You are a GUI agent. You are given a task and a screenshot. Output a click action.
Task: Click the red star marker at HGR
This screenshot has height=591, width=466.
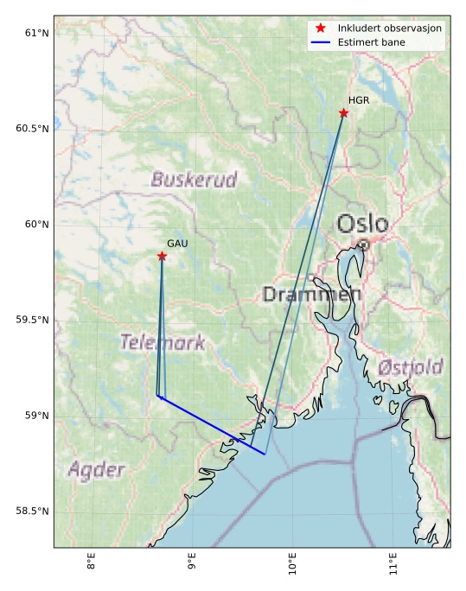point(343,113)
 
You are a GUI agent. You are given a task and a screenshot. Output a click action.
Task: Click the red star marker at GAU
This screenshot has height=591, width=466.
point(162,257)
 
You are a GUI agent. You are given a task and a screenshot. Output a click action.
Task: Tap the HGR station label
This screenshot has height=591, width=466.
point(359,101)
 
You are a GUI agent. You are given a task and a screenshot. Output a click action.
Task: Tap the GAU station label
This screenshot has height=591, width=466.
point(177,245)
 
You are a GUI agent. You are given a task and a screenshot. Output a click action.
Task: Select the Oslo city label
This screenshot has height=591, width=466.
point(362,225)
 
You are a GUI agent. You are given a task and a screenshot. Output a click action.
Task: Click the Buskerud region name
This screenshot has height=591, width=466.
point(194,180)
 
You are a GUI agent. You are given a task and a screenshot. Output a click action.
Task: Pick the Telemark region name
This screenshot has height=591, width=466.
point(163,342)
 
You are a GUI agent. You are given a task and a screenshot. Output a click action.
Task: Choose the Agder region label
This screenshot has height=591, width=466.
point(96,471)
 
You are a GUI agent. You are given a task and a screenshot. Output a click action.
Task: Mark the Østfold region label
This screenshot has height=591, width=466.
point(411,366)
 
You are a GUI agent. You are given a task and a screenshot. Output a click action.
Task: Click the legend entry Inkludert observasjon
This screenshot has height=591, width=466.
point(390,29)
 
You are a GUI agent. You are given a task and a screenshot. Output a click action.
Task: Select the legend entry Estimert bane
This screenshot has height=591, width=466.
point(372,42)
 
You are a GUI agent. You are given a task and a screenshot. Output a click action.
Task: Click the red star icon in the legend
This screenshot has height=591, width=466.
point(320,29)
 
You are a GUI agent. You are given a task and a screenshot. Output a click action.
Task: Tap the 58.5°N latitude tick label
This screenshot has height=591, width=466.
point(33,512)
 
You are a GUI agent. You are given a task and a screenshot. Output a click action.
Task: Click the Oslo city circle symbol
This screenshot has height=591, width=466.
point(364,245)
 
